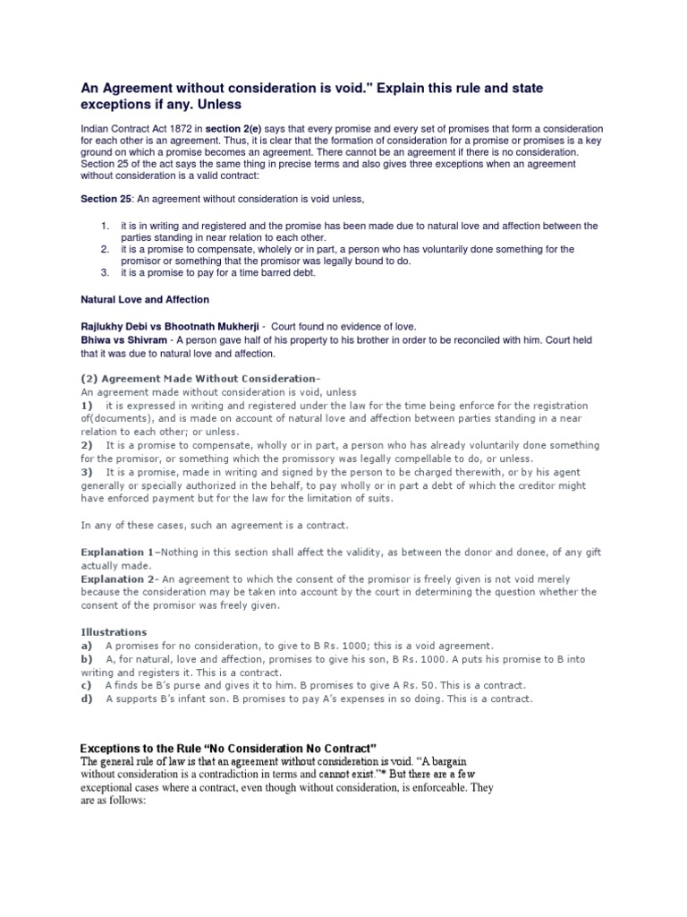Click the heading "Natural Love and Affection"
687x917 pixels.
tap(145, 299)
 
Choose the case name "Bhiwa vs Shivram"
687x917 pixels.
tap(125, 340)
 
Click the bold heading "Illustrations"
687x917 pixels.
tap(114, 632)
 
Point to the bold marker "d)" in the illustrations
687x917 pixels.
tap(87, 698)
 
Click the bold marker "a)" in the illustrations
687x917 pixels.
tap(87, 646)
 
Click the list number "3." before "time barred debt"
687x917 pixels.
tap(105, 272)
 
